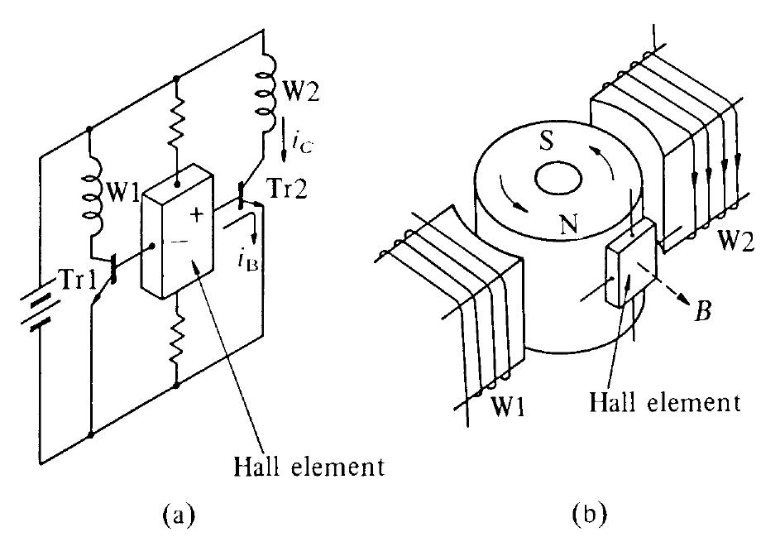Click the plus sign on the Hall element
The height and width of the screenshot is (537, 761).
click(x=197, y=215)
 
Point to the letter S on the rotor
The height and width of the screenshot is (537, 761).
click(x=543, y=138)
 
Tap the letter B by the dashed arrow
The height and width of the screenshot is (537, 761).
click(x=701, y=313)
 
